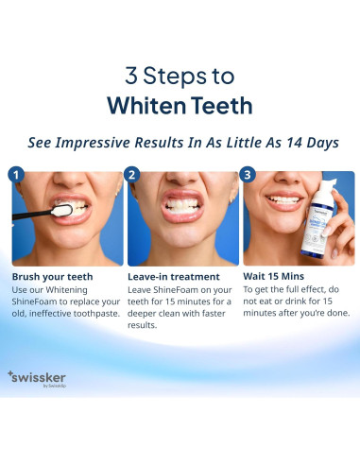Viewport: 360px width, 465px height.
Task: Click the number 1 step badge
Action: pyautogui.click(x=16, y=175)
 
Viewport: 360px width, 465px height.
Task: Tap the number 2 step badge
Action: pyautogui.click(x=132, y=175)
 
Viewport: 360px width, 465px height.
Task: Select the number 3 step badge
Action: pyautogui.click(x=248, y=175)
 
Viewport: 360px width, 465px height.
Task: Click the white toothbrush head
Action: pyautogui.click(x=61, y=211)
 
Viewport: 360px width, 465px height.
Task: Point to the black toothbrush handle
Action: pyautogui.click(x=32, y=215)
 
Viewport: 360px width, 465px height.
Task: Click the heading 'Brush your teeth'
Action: pyautogui.click(x=52, y=277)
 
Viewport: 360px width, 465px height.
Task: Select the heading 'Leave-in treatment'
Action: pyautogui.click(x=174, y=277)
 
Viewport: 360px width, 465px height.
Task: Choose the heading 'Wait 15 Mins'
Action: pyautogui.click(x=273, y=277)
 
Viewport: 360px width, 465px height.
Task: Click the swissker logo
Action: pyautogui.click(x=37, y=379)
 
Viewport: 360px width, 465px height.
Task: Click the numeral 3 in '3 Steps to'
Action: pyautogui.click(x=131, y=76)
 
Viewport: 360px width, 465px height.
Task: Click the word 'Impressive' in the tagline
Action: pyautogui.click(x=93, y=143)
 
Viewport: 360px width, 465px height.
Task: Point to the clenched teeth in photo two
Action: pyautogui.click(x=182, y=205)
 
